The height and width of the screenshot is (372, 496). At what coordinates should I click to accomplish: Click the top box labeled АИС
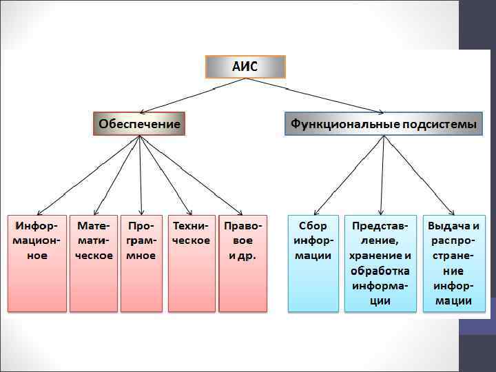[x=245, y=67]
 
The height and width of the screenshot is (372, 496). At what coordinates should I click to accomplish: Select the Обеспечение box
[x=139, y=124]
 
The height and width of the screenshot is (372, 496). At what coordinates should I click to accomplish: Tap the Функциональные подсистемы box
[x=383, y=124]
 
